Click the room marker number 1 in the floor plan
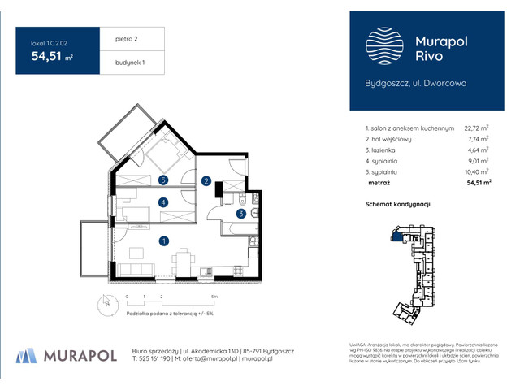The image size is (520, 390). tap(163, 240)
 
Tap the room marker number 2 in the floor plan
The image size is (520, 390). tap(206, 180)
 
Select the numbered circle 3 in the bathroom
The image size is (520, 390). tap(241, 214)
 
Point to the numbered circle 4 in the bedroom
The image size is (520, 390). tap(163, 202)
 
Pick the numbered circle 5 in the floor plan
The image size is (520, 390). tap(163, 180)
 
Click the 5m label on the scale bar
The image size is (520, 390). tap(211, 297)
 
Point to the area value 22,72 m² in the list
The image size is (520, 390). tap(475, 128)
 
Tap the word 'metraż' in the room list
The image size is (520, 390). tap(378, 184)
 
